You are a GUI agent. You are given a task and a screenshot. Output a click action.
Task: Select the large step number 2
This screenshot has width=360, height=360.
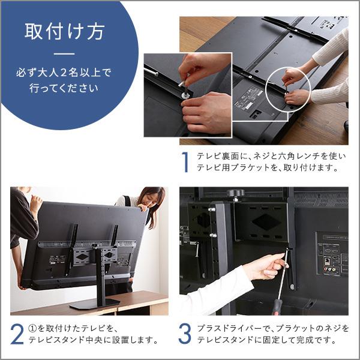(x=17, y=334)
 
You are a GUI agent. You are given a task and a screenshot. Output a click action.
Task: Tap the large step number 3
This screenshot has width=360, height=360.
(x=186, y=334)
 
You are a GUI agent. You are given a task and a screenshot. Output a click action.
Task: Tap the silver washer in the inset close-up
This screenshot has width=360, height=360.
(x=186, y=94)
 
